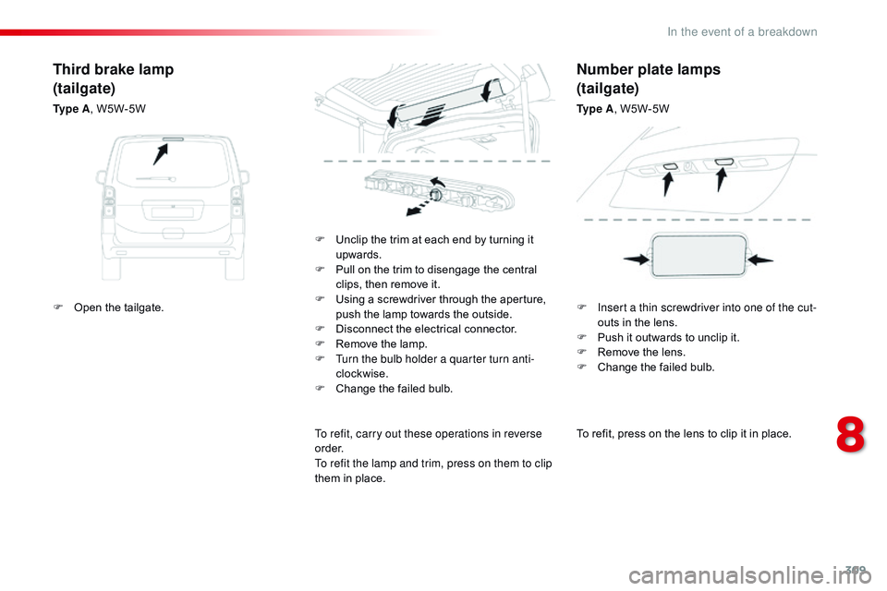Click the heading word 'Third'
point(70,69)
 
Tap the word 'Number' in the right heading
point(602,69)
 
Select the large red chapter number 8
point(850,437)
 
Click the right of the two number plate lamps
point(723,163)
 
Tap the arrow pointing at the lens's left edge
point(637,260)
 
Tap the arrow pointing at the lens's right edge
point(760,261)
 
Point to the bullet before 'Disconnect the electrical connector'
point(320,329)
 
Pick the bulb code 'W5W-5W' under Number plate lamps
point(645,109)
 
